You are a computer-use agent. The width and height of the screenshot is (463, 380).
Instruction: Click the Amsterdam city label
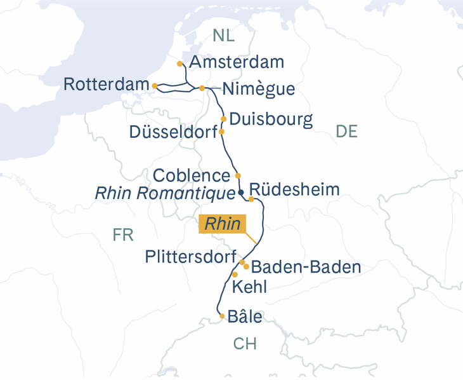tap(237, 62)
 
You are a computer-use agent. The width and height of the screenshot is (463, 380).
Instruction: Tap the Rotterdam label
tap(105, 85)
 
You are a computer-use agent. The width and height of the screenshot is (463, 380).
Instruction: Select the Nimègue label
tap(259, 89)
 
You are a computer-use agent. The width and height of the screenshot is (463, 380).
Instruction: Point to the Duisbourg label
tap(271, 119)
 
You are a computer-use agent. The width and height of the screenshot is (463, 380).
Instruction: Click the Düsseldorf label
tap(172, 132)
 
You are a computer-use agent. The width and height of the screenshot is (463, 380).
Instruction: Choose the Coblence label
tap(191, 175)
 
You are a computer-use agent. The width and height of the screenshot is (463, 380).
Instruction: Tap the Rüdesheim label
tap(294, 189)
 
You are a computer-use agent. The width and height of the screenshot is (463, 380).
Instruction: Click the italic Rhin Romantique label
tap(164, 193)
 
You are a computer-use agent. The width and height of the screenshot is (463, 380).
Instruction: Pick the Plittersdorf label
tap(190, 257)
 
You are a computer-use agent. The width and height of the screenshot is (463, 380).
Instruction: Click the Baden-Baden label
tap(306, 267)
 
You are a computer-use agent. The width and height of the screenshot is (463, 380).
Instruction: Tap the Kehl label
tap(250, 287)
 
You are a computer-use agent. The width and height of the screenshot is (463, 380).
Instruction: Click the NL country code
tap(223, 36)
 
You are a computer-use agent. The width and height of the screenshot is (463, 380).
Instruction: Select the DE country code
tap(346, 132)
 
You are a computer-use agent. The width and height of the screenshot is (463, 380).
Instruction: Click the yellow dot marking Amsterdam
tap(181, 64)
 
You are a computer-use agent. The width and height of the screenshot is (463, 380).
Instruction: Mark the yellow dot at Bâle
tap(221, 316)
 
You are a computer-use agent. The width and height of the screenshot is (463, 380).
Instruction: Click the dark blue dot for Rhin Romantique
tap(241, 192)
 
